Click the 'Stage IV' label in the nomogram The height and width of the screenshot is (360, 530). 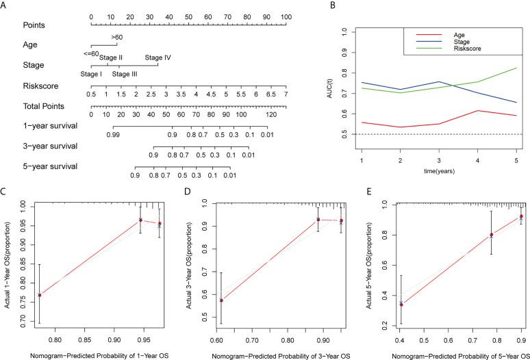tap(157, 57)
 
